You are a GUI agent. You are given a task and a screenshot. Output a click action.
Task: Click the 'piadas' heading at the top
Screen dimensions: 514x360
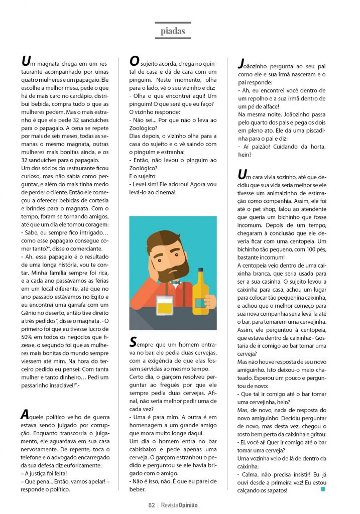click(173, 31)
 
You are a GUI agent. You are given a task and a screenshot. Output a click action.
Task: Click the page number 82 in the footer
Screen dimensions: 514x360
click(151, 505)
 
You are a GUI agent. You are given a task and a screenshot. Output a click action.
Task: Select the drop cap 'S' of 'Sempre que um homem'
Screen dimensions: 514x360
click(133, 342)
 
